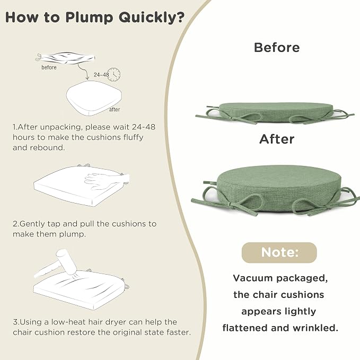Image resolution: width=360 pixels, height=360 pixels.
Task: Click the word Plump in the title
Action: pyautogui.click(x=89, y=17)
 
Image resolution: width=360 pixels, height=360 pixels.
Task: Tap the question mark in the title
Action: pyautogui.click(x=180, y=17)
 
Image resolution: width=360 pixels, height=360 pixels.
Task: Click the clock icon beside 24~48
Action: pyautogui.click(x=114, y=74)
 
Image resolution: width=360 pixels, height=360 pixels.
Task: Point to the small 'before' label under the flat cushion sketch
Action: pyautogui.click(x=49, y=67)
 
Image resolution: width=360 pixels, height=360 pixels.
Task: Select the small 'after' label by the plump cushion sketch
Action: pyautogui.click(x=115, y=110)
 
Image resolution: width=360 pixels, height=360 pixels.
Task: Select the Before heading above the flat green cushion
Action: pyautogui.click(x=277, y=48)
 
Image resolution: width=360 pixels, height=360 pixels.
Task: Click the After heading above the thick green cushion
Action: pyautogui.click(x=277, y=139)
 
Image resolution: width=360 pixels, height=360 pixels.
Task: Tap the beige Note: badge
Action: pyautogui.click(x=279, y=252)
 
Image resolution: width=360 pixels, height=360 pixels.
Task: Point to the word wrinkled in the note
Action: pyautogui.click(x=315, y=328)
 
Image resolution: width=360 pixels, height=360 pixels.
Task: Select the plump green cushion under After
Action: pyautogui.click(x=276, y=189)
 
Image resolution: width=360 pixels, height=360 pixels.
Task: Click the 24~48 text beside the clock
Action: pyautogui.click(x=101, y=75)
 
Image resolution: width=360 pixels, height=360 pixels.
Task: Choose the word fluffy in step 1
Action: pyautogui.click(x=134, y=137)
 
